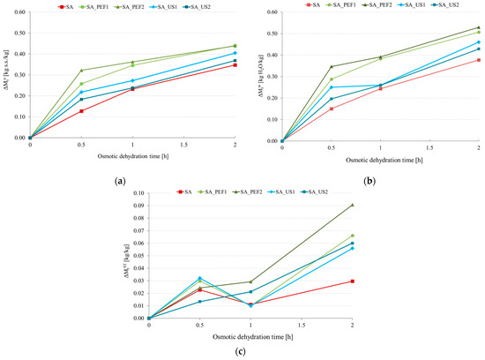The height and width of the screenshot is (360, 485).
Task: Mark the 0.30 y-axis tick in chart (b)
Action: coord(272,76)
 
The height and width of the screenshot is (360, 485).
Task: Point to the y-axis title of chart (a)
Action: coord(6,75)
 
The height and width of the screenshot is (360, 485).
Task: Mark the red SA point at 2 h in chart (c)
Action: coord(353,281)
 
